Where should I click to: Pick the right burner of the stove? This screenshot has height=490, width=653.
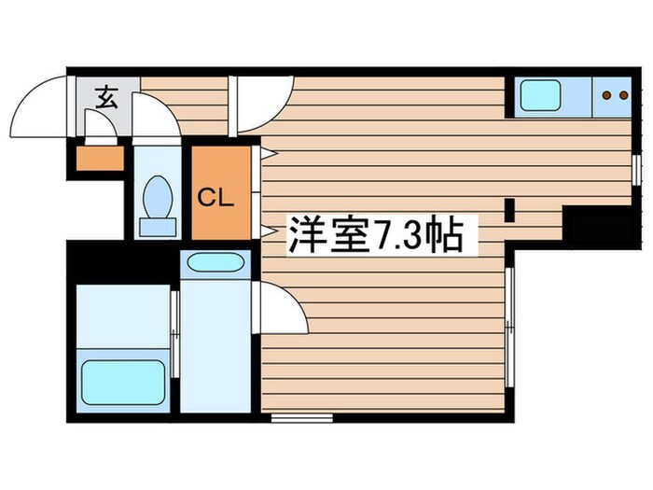622,94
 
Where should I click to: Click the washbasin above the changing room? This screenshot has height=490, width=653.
215,262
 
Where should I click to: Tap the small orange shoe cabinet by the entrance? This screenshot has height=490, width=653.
98,159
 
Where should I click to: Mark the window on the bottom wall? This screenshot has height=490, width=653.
302,417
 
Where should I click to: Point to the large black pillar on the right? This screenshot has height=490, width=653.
597,224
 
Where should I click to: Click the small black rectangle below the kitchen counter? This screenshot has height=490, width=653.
510,210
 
